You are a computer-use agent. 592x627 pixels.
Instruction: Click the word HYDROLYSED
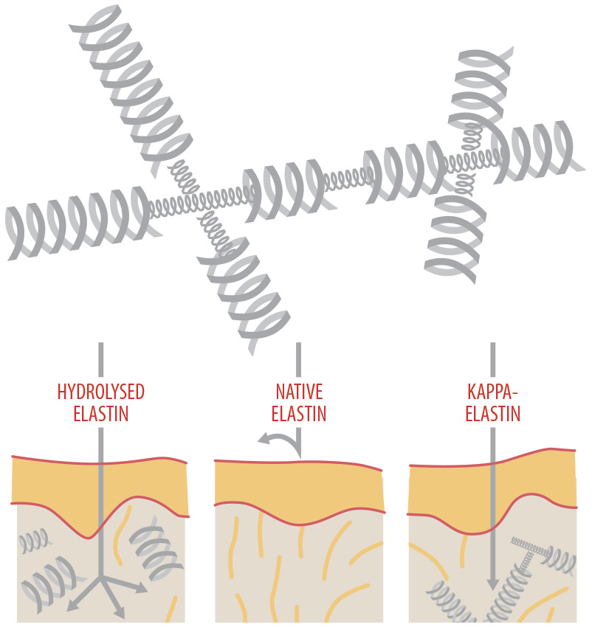(100, 392)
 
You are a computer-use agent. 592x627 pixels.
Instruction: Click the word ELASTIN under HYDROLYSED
(100, 414)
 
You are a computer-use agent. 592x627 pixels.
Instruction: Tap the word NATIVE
(298, 392)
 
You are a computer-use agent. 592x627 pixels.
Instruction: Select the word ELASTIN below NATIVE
(298, 414)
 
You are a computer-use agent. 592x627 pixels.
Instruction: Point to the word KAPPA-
(492, 392)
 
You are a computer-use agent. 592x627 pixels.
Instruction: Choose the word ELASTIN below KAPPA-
(492, 414)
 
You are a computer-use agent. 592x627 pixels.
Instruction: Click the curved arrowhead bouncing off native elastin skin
(262, 440)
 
